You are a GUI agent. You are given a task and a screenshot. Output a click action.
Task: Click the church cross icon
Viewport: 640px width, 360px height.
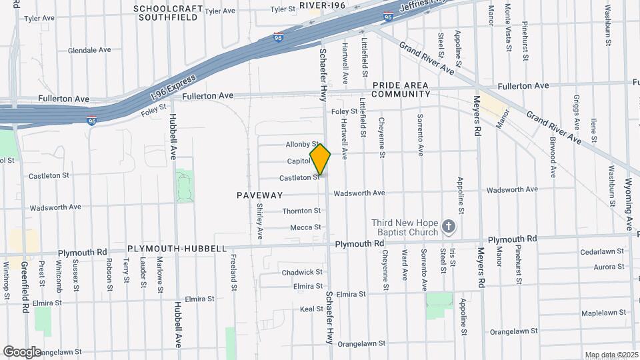449,227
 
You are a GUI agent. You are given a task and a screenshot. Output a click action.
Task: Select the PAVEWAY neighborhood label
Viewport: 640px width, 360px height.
259,195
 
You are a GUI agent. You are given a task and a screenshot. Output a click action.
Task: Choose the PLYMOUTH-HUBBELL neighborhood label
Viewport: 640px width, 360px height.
173,248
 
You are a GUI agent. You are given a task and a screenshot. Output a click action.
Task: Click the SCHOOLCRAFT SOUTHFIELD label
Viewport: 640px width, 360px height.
167,13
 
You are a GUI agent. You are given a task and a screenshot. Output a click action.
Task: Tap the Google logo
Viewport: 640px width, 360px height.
22,351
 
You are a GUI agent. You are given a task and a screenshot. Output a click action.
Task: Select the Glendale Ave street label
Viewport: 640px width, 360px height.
89,50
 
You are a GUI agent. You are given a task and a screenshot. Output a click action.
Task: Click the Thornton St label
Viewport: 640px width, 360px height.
301,211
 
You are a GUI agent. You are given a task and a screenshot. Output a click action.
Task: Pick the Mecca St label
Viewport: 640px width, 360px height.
306,227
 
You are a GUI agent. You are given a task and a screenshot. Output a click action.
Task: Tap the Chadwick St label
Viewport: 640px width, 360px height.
301,272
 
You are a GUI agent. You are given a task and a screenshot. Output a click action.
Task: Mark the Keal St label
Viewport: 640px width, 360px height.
311,309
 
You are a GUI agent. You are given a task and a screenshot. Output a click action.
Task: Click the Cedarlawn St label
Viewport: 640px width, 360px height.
601,252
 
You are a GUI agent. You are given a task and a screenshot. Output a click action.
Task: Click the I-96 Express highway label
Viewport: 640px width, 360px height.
171,89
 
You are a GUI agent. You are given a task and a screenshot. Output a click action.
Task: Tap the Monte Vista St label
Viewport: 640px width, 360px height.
508,27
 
